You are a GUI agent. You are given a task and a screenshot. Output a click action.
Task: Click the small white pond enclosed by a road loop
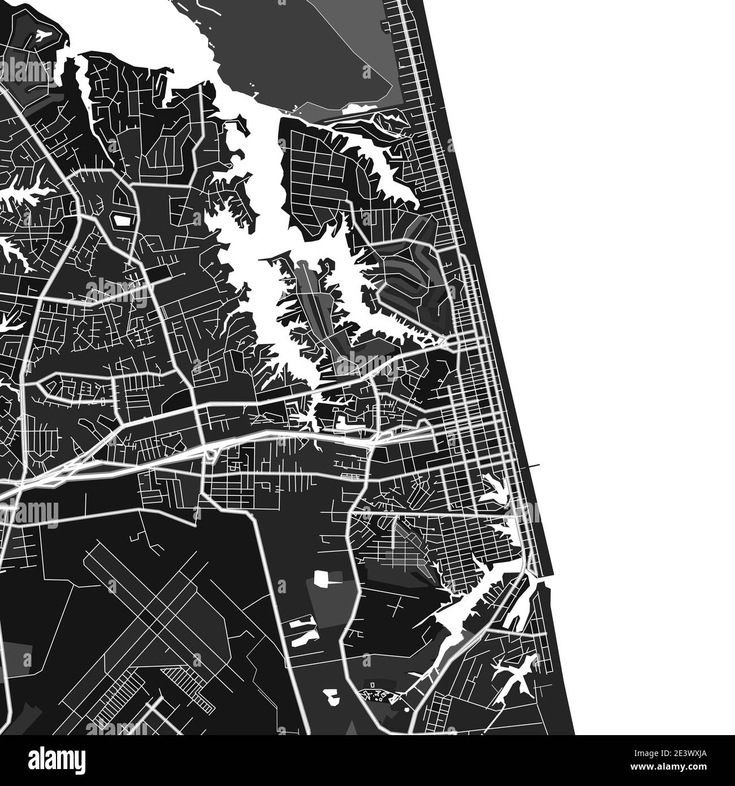pyautogui.click(x=121, y=219)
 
